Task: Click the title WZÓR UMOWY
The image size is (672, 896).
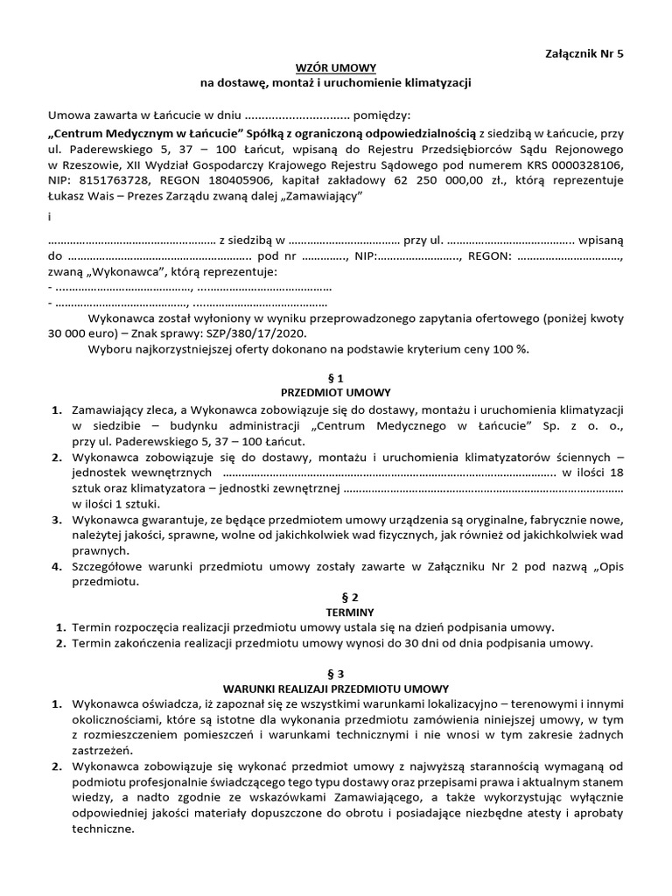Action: (x=336, y=66)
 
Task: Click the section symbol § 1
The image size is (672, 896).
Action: (x=336, y=378)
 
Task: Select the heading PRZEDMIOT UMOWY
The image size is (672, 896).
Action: (x=336, y=393)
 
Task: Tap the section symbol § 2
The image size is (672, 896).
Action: (x=336, y=598)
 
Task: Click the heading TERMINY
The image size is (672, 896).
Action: (x=336, y=612)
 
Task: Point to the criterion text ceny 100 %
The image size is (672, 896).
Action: (x=496, y=349)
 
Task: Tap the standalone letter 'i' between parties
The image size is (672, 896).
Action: (x=49, y=217)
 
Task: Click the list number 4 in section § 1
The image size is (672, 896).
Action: (x=56, y=566)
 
